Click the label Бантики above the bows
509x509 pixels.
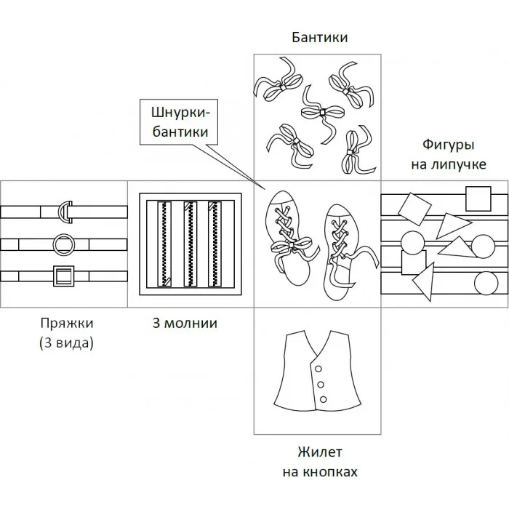click(319, 36)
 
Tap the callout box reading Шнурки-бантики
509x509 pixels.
click(180, 123)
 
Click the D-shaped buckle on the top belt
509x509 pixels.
click(66, 211)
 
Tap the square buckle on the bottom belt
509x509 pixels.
click(64, 276)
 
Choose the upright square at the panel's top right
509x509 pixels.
click(478, 197)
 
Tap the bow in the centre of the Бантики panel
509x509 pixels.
click(321, 112)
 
